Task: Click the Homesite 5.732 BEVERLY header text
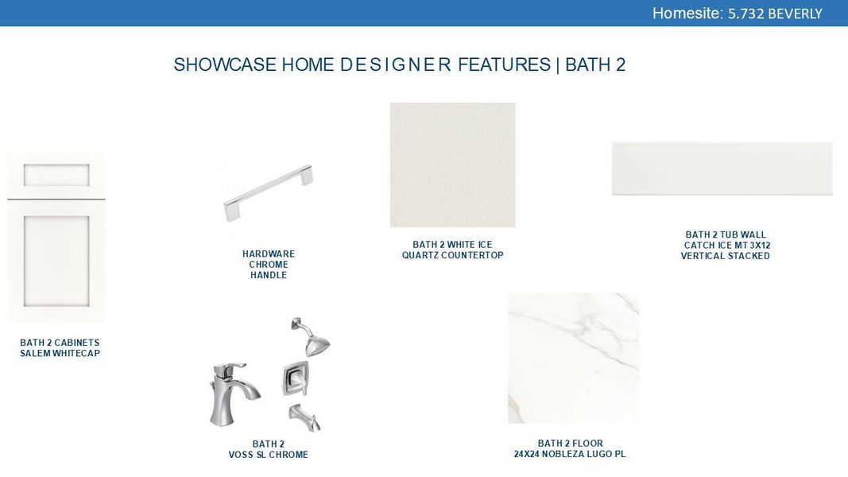coord(737,14)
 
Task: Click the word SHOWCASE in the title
coord(225,65)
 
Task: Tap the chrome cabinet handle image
coord(268,192)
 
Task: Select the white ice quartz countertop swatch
coord(452,165)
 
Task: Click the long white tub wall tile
coord(722,169)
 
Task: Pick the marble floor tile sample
coord(573,358)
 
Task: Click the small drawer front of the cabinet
coord(56,175)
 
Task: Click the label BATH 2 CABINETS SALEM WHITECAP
coord(60,348)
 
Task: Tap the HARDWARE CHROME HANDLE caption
coord(269,265)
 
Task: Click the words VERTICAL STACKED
coord(725,256)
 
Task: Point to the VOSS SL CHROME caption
coord(268,455)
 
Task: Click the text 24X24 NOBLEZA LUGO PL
coord(569,454)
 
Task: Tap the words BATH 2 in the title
coord(595,65)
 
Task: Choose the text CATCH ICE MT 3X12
coord(726,246)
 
